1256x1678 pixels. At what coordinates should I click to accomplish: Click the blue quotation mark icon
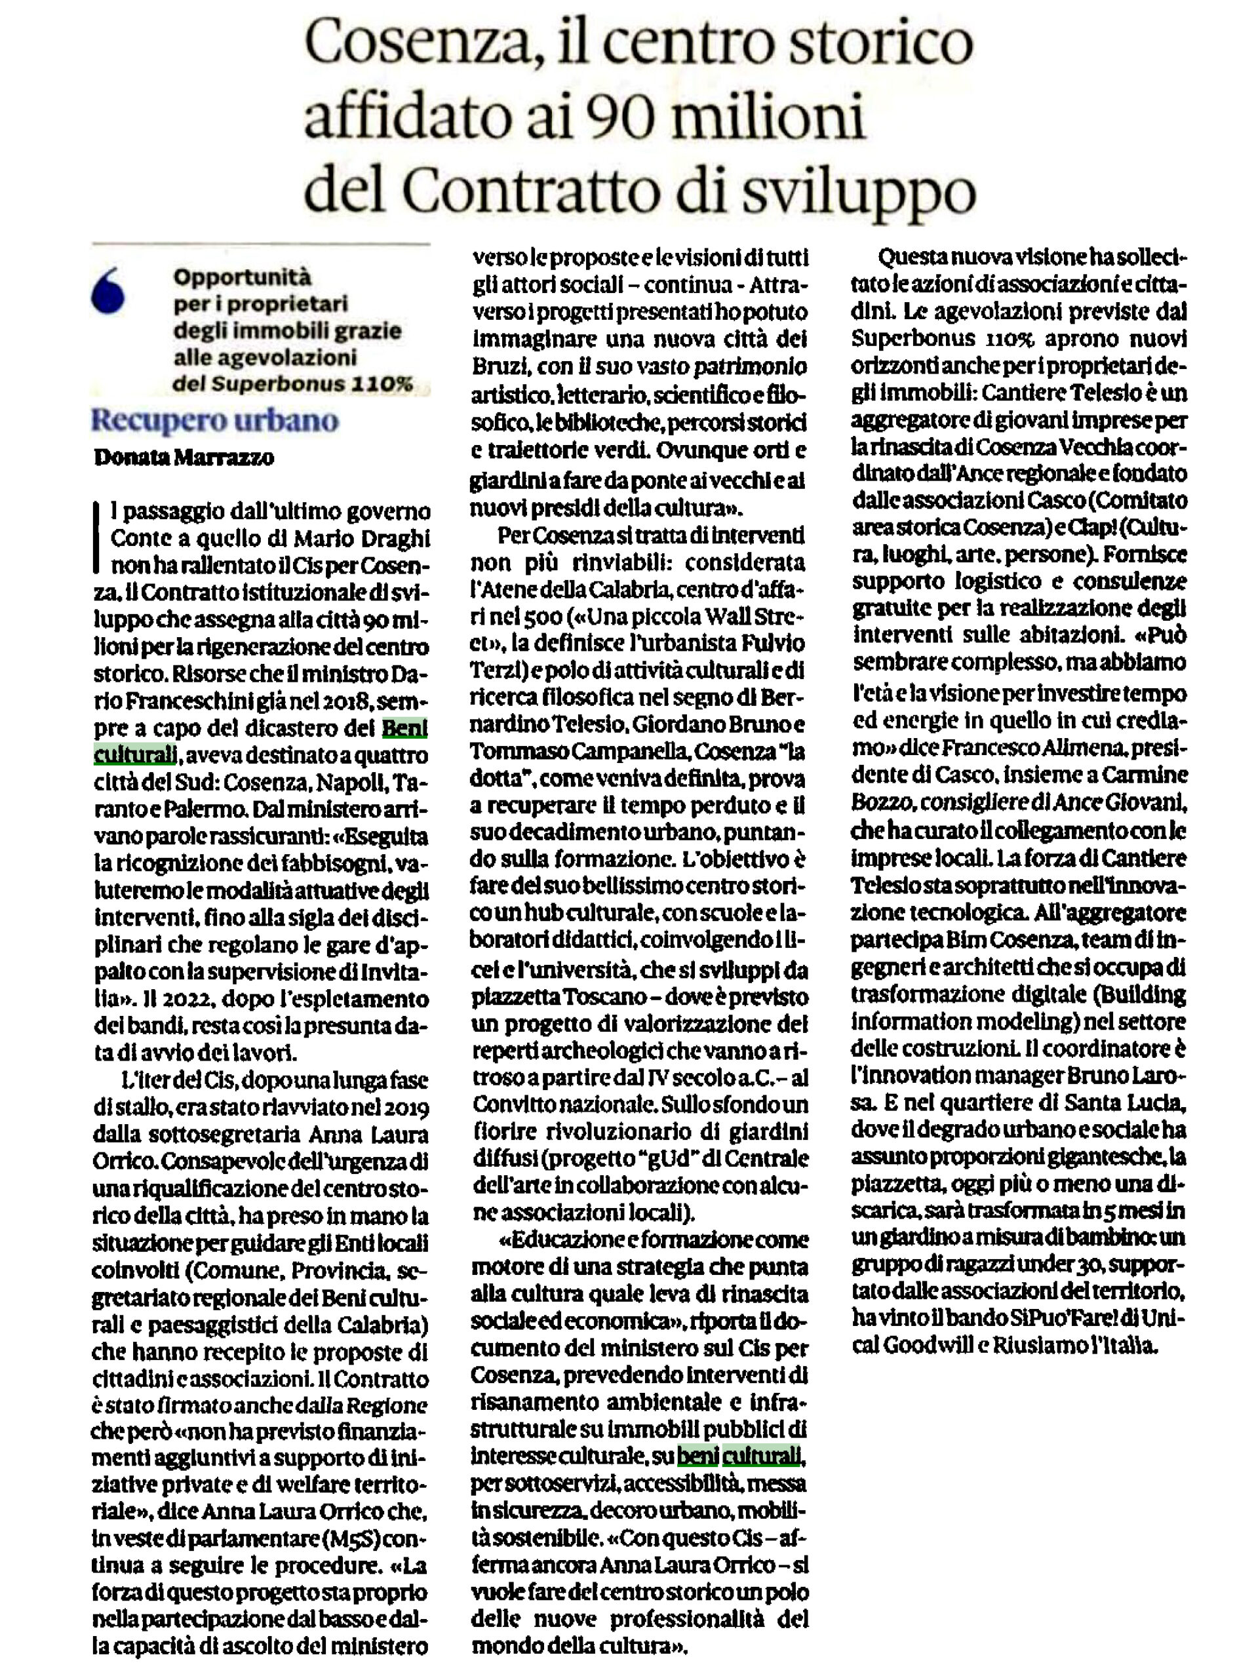[107, 293]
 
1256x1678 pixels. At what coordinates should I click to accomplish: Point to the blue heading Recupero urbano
[214, 420]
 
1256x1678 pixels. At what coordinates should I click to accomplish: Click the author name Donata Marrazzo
[184, 458]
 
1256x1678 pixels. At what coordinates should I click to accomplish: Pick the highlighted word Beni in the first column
[404, 728]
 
